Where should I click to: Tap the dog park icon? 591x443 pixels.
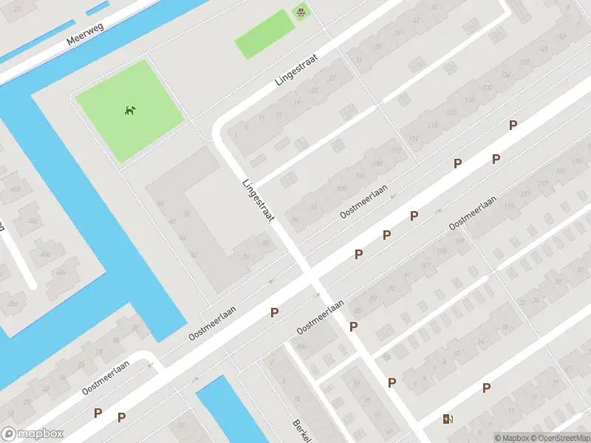(131, 111)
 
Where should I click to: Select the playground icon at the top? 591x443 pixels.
(301, 12)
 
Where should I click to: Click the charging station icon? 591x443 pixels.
(448, 419)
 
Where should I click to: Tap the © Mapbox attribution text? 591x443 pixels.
(511, 437)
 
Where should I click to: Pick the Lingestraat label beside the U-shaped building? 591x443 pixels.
(259, 200)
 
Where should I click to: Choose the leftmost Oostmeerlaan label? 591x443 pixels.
(106, 374)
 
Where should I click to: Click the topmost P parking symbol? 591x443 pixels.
(513, 126)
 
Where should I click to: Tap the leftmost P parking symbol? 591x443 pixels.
(98, 413)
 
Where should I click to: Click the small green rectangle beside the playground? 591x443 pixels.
(264, 34)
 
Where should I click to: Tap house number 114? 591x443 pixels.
(413, 140)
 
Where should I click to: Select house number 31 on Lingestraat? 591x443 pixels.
(359, 59)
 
